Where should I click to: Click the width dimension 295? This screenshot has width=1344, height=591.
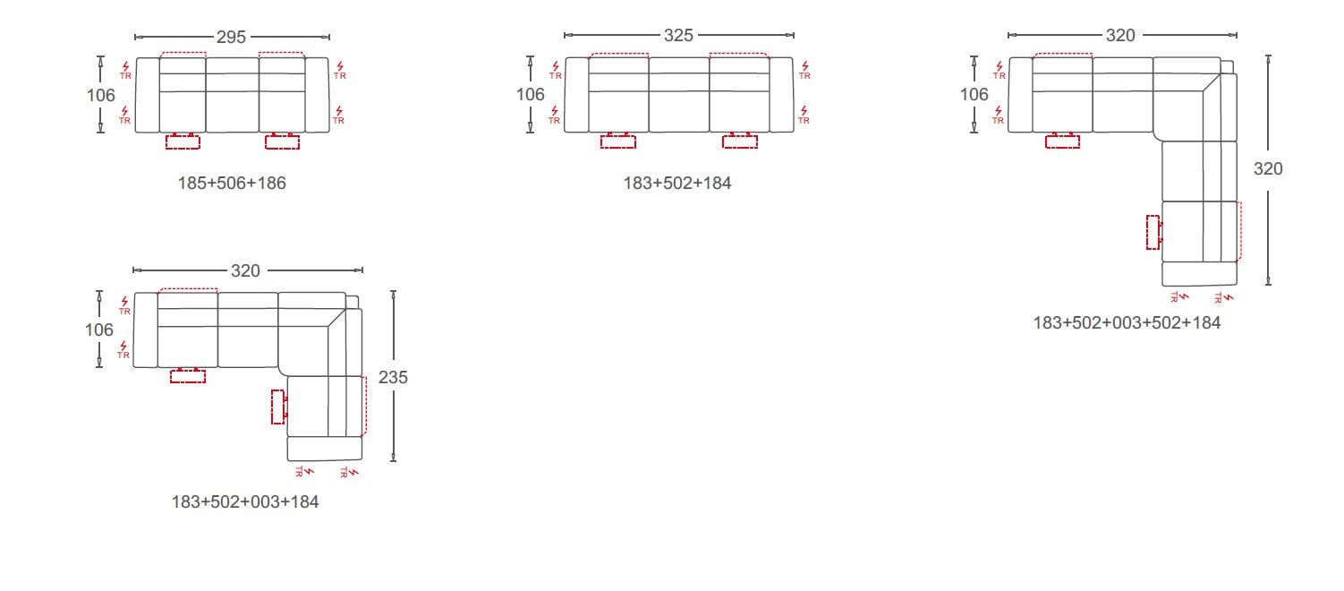tap(231, 38)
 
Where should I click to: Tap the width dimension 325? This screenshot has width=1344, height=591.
tap(678, 36)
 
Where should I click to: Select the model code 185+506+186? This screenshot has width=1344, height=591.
tap(232, 184)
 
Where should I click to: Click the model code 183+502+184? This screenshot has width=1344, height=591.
tap(676, 184)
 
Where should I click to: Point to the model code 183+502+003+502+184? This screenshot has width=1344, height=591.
tap(1127, 323)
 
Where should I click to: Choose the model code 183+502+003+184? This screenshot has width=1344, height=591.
tap(245, 502)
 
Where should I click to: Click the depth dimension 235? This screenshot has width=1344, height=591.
tap(393, 377)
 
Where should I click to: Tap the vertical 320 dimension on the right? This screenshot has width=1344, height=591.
tap(1268, 168)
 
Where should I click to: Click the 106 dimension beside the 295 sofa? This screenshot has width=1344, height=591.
tap(101, 95)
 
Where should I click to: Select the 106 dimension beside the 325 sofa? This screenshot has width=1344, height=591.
tap(531, 94)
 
